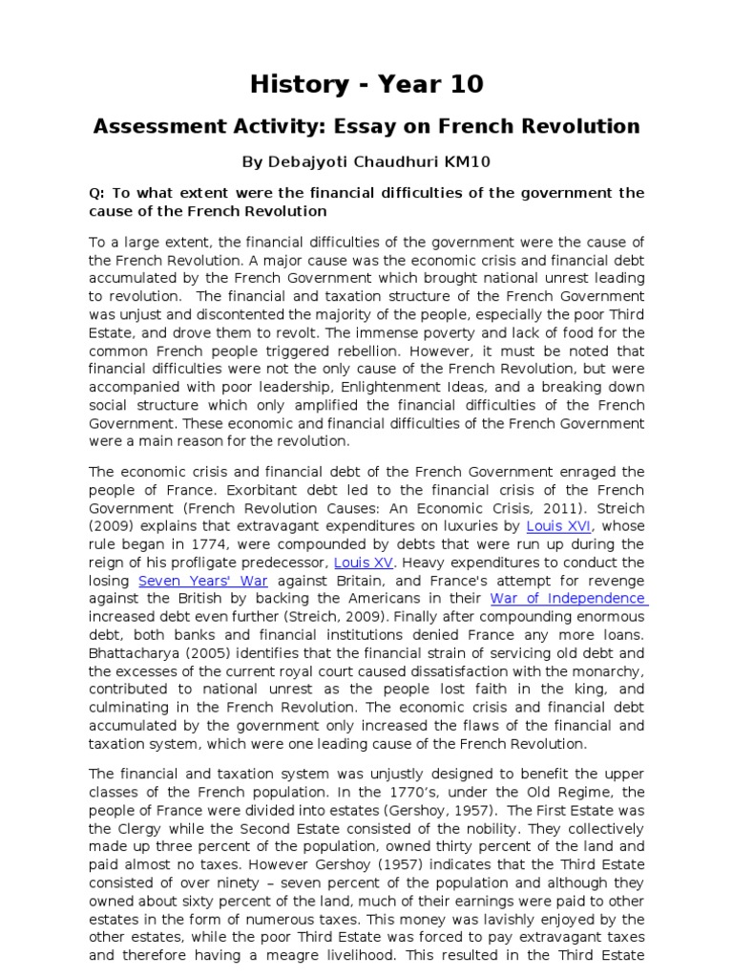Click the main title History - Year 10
(x=366, y=84)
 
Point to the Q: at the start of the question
(x=96, y=193)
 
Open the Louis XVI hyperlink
(x=559, y=525)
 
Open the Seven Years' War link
(x=191, y=580)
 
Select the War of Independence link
(x=568, y=598)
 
